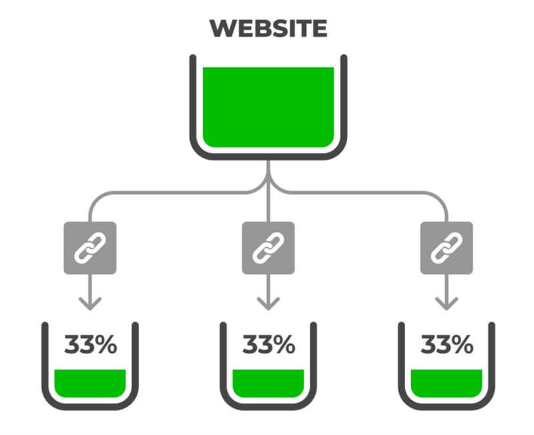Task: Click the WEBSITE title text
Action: coord(268,28)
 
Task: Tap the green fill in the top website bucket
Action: coord(268,107)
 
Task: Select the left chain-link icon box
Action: coord(90,248)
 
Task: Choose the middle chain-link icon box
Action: coord(268,248)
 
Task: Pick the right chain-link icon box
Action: coord(447,248)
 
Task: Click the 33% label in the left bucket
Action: coord(91,344)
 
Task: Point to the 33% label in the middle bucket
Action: coord(269,344)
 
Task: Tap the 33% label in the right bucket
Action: coord(447,344)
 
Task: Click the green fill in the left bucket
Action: coord(90,383)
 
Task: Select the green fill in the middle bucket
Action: coord(268,383)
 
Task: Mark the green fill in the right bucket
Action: coord(447,383)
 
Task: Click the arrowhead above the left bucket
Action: coord(90,303)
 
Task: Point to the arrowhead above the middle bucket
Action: coord(268,303)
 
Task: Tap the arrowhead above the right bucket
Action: coord(447,303)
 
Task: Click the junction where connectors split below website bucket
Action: coord(268,180)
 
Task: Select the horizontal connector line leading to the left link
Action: coord(170,193)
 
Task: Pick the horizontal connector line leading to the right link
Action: coord(366,193)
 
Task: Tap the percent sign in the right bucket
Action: coord(463,344)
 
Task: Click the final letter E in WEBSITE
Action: coord(320,28)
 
